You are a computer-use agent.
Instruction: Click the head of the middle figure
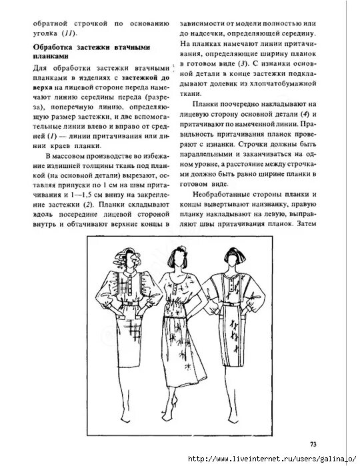tap(177, 257)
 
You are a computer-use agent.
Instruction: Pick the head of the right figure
tap(233, 259)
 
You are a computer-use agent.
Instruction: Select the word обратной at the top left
tap(55, 22)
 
